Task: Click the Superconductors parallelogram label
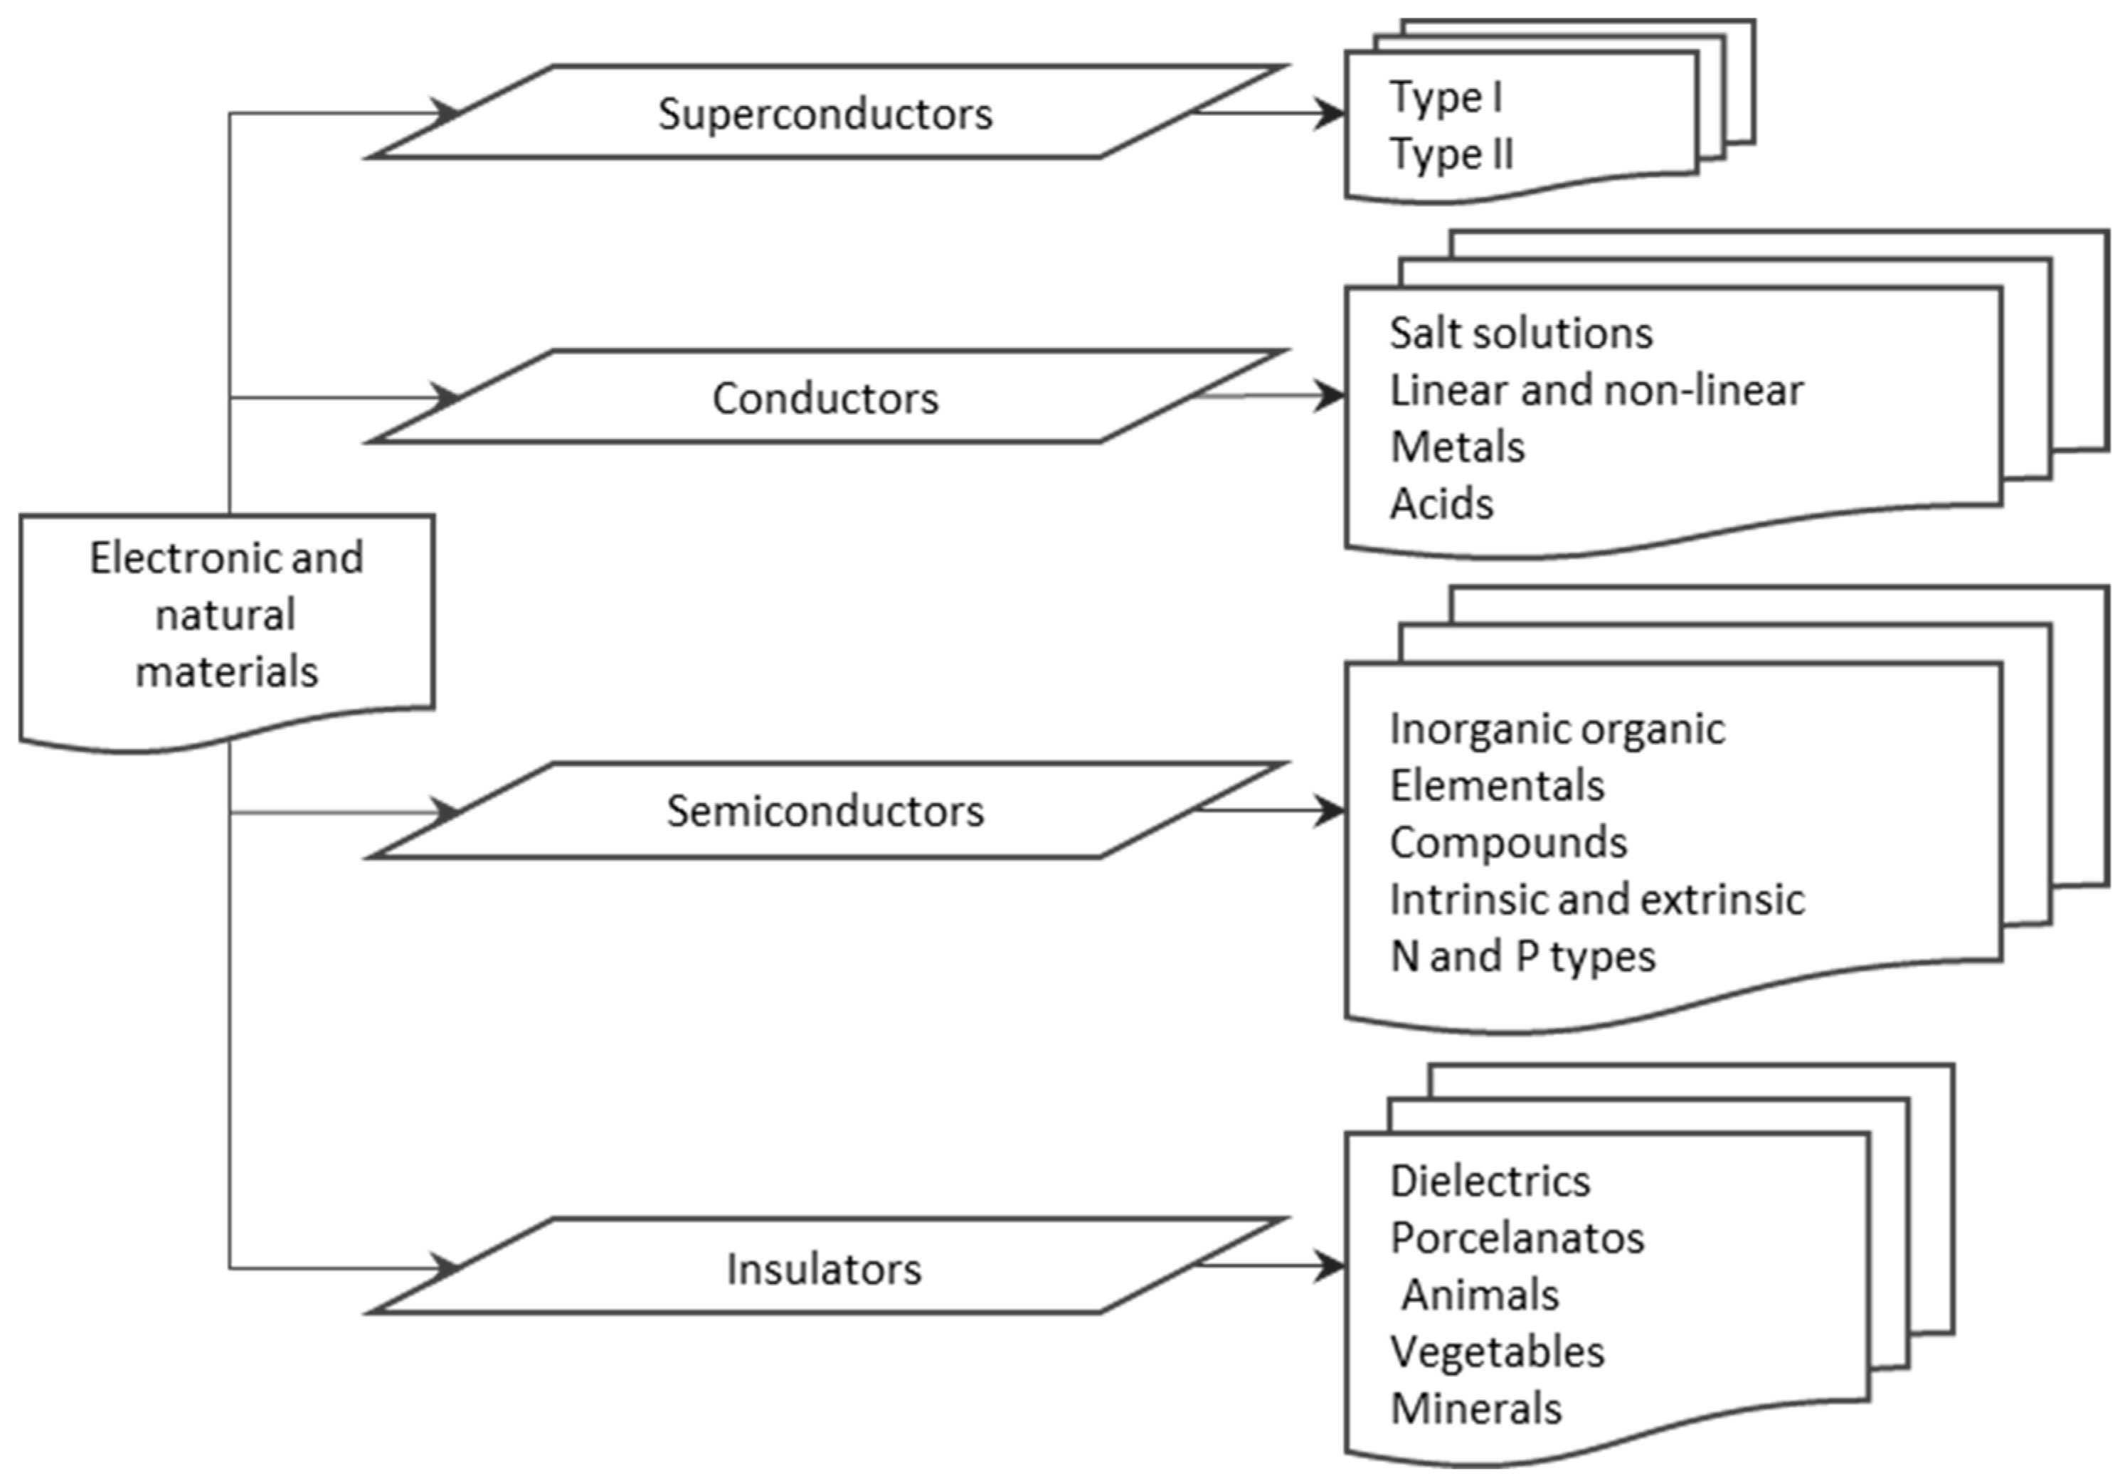point(825,115)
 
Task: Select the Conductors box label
point(825,399)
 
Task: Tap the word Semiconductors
point(825,812)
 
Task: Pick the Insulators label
point(824,1269)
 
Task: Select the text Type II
point(1451,154)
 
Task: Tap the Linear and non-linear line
point(1596,391)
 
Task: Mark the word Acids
point(1442,504)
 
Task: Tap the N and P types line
point(1522,956)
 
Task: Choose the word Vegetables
point(1498,1352)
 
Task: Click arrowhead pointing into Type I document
point(1331,115)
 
